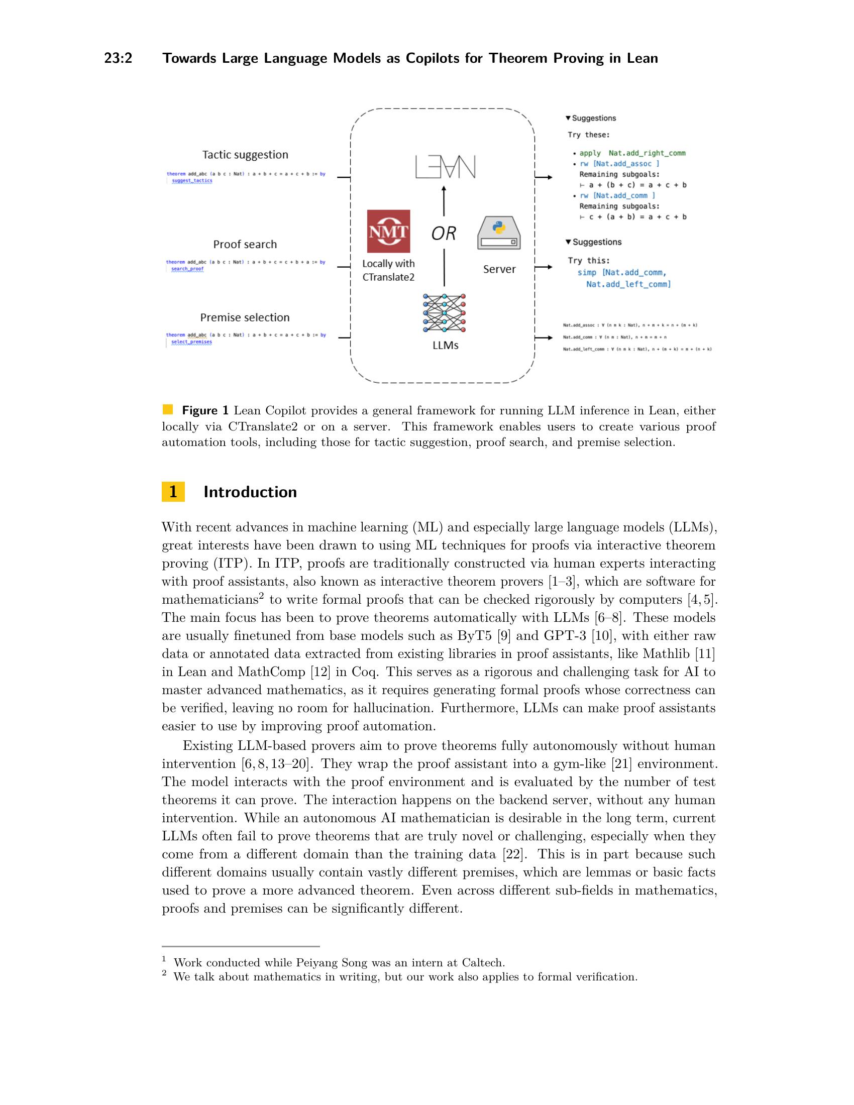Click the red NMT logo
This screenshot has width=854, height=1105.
(x=388, y=231)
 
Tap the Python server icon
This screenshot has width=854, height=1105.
(x=499, y=233)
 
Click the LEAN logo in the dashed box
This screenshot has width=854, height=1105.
(x=445, y=167)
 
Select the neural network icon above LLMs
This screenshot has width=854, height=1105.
(x=444, y=313)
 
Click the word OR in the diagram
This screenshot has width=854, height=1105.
(x=444, y=233)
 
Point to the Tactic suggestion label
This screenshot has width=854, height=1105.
(x=245, y=155)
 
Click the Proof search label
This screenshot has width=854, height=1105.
(x=245, y=245)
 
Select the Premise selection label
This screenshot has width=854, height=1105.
(x=245, y=317)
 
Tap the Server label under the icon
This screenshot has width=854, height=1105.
(x=499, y=269)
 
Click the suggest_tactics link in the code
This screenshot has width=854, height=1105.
(x=192, y=181)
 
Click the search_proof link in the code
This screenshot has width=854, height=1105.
(x=187, y=269)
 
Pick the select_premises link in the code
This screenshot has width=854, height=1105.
(x=191, y=342)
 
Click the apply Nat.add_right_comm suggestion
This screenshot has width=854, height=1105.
(x=632, y=153)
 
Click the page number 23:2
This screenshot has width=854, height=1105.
(x=118, y=58)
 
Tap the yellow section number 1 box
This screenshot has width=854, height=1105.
(x=173, y=492)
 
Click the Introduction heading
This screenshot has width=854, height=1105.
(x=250, y=492)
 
